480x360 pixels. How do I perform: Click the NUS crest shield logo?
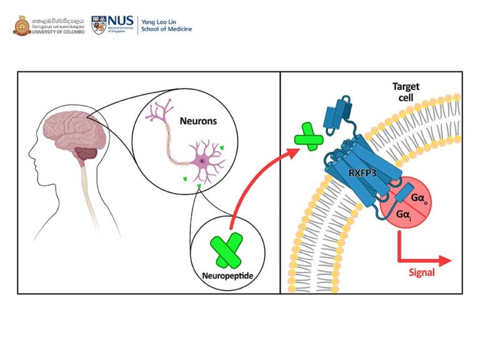(x=99, y=26)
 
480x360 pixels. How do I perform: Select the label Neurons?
(x=198, y=121)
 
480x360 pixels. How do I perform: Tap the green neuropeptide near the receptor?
(x=308, y=137)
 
